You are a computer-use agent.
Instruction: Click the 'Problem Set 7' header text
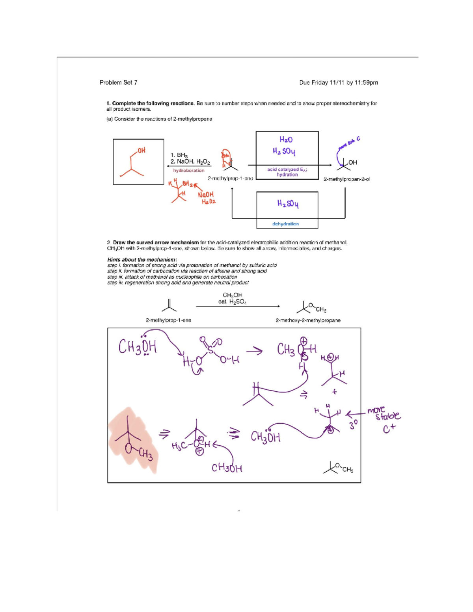pos(118,82)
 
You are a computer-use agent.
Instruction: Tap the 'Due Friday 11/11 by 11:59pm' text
pos(338,82)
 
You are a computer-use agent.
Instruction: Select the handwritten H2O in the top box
pos(286,140)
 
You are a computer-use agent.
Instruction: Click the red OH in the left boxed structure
pos(141,151)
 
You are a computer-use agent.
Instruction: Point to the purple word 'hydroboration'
pos(189,171)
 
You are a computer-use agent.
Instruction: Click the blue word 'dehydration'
pos(285,224)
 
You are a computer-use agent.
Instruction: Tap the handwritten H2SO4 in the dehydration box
pos(288,204)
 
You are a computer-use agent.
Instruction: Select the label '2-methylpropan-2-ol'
pos(346,179)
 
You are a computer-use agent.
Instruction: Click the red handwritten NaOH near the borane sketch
pos(206,195)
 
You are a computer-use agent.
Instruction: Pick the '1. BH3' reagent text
pos(179,155)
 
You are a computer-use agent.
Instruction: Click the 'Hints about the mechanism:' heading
pos(142,260)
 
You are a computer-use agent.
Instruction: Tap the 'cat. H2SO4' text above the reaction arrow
pos(232,302)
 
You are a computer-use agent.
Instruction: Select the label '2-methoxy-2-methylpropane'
pos(308,320)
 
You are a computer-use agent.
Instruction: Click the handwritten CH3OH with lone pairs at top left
pos(138,347)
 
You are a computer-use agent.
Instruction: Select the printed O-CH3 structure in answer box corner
pos(338,468)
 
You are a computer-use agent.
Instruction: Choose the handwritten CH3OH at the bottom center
pos(227,468)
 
